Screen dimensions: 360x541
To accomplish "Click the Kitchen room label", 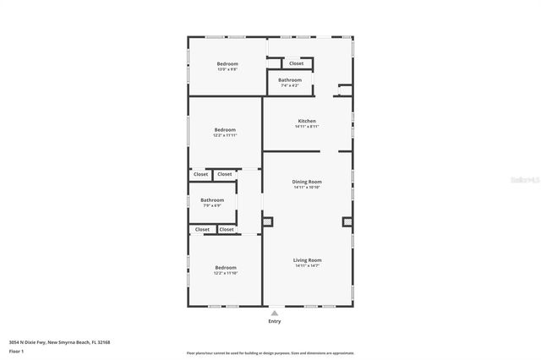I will (307, 121).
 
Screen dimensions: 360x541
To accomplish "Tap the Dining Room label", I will (307, 182).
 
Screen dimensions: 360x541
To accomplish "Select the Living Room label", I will (307, 260).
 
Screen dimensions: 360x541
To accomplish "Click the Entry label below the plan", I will (274, 321).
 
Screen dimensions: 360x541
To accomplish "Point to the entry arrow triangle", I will (274, 313).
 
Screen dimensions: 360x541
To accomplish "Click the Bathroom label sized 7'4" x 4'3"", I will (290, 80).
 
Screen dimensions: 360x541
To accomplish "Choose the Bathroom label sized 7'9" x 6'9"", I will (212, 200).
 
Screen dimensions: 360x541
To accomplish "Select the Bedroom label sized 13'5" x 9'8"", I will (227, 64).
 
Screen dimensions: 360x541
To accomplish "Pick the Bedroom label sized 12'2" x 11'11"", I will (225, 129).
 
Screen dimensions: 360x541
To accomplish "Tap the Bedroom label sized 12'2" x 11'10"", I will (225, 267).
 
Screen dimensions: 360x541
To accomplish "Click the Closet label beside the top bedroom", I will (296, 63).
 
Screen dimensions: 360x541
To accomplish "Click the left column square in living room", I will (268, 222).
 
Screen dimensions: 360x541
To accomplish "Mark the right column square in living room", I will (347, 222).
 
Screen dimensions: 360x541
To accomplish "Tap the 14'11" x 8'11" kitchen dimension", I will (307, 127).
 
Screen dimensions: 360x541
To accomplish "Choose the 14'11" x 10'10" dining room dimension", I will (307, 188).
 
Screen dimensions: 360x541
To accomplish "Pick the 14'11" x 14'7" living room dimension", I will (307, 266).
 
